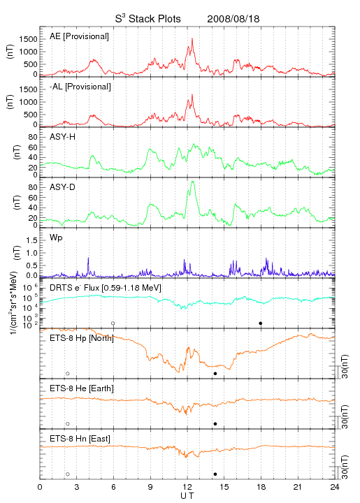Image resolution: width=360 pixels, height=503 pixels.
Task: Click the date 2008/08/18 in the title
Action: pyautogui.click(x=233, y=19)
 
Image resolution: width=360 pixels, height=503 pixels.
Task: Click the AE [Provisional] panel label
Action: pyautogui.click(x=79, y=36)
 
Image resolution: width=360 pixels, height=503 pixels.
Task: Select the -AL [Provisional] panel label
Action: pyautogui.click(x=80, y=87)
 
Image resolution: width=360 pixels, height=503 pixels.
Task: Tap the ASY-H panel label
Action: pyautogui.click(x=63, y=137)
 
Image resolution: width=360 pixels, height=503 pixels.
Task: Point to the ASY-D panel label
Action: pyautogui.click(x=63, y=187)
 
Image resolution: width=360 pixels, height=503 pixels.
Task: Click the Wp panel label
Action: pyautogui.click(x=56, y=238)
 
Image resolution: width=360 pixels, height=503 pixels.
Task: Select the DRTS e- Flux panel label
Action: pyautogui.click(x=106, y=288)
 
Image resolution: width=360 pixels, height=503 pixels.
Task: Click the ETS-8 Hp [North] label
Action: pyautogui.click(x=82, y=338)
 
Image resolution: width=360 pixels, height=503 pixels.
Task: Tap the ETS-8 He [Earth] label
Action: pyautogui.click(x=82, y=388)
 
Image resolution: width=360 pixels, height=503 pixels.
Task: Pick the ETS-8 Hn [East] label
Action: pyautogui.click(x=80, y=439)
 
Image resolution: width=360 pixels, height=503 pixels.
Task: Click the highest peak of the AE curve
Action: pyautogui.click(x=192, y=38)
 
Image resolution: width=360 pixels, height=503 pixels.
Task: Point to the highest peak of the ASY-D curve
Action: pyautogui.click(x=192, y=182)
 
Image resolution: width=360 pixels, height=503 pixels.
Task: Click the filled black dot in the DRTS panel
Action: pyautogui.click(x=261, y=323)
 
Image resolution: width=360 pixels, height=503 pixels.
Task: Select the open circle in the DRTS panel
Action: pyautogui.click(x=113, y=323)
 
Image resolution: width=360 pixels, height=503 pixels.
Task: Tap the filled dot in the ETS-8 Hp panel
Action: pyautogui.click(x=215, y=373)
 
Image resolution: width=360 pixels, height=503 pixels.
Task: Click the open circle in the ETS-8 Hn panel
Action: pyautogui.click(x=68, y=474)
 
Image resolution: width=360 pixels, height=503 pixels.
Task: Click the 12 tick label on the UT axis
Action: pyautogui.click(x=187, y=487)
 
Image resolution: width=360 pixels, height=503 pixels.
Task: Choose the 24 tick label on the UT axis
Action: pyautogui.click(x=335, y=487)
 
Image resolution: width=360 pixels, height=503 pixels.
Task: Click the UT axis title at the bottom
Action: pyautogui.click(x=187, y=496)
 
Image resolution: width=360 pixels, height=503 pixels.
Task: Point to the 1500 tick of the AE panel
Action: pyautogui.click(x=28, y=39)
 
